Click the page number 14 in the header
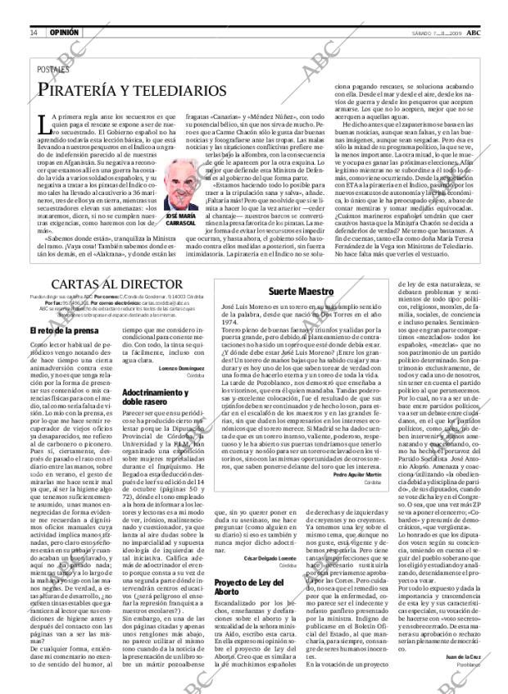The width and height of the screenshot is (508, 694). click(34, 9)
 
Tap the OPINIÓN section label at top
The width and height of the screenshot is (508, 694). click(64, 9)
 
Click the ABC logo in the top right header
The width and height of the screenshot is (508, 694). click(485, 9)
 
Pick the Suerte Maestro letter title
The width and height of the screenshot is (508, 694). click(303, 292)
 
